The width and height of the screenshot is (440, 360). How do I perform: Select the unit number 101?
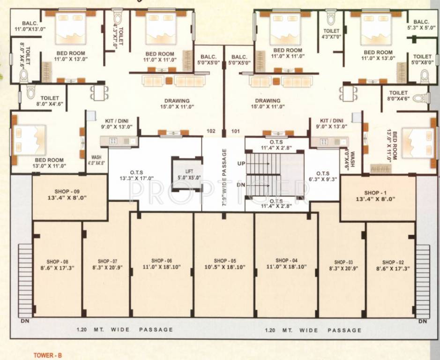click(235, 131)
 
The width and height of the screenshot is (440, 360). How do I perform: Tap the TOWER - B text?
click(47, 355)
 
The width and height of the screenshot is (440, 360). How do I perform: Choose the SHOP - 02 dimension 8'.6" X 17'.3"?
click(393, 269)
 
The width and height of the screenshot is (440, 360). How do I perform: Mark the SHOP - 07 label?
click(107, 261)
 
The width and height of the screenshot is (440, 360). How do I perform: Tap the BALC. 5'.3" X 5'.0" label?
click(421, 24)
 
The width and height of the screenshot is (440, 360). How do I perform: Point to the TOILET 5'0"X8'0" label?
click(423, 59)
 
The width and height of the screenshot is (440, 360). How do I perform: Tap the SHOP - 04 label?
click(286, 261)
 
